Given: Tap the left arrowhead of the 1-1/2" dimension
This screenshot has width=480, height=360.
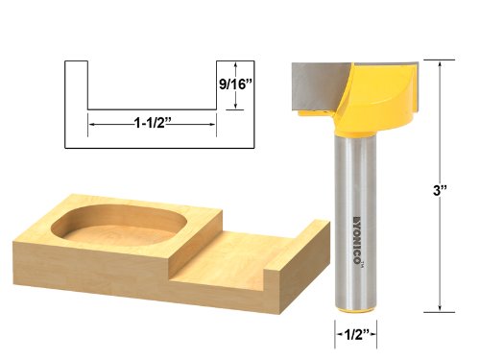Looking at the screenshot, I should click(x=92, y=124).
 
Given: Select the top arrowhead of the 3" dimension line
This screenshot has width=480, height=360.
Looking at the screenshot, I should click(x=440, y=64).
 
